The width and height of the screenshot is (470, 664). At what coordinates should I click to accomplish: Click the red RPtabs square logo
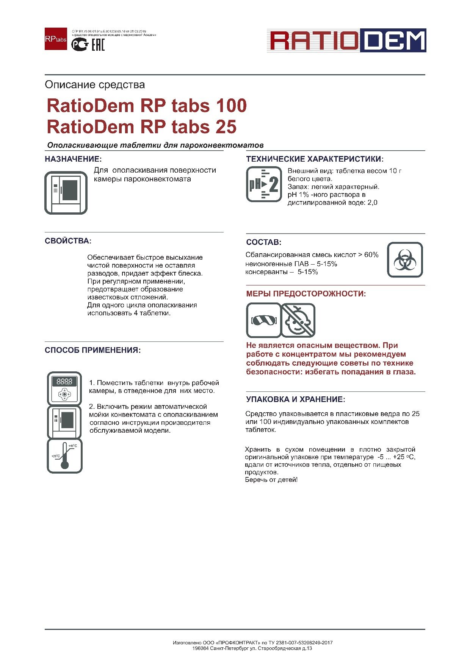tap(56, 39)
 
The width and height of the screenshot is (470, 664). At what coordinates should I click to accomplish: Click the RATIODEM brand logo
tap(346, 40)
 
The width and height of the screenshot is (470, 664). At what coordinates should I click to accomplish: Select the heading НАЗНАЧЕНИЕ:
tap(73, 159)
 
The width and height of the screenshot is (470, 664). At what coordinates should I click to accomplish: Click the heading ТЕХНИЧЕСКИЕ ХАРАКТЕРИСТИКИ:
tap(315, 159)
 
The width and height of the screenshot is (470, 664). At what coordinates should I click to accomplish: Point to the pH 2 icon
tap(264, 184)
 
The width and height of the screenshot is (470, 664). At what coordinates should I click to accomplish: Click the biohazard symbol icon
tap(404, 260)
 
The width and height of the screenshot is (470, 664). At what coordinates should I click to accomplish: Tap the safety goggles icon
tap(263, 320)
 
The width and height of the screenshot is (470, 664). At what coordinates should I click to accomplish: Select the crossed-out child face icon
tap(298, 320)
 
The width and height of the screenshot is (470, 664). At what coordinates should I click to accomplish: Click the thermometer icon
tap(65, 456)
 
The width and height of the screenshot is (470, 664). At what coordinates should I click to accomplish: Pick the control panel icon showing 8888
tap(64, 388)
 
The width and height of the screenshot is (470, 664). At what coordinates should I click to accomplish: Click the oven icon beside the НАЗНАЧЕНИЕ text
tap(66, 193)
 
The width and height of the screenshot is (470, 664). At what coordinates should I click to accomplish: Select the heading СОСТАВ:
tap(264, 242)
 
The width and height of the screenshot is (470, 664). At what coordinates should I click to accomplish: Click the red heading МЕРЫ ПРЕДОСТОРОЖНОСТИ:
tap(306, 294)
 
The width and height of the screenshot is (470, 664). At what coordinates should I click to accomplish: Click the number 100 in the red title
tap(231, 106)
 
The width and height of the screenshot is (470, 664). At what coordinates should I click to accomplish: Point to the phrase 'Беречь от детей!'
tap(271, 480)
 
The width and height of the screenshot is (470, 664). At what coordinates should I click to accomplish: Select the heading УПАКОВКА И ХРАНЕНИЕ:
tap(296, 399)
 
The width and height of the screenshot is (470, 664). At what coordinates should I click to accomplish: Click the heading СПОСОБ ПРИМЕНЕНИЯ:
tap(92, 351)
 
